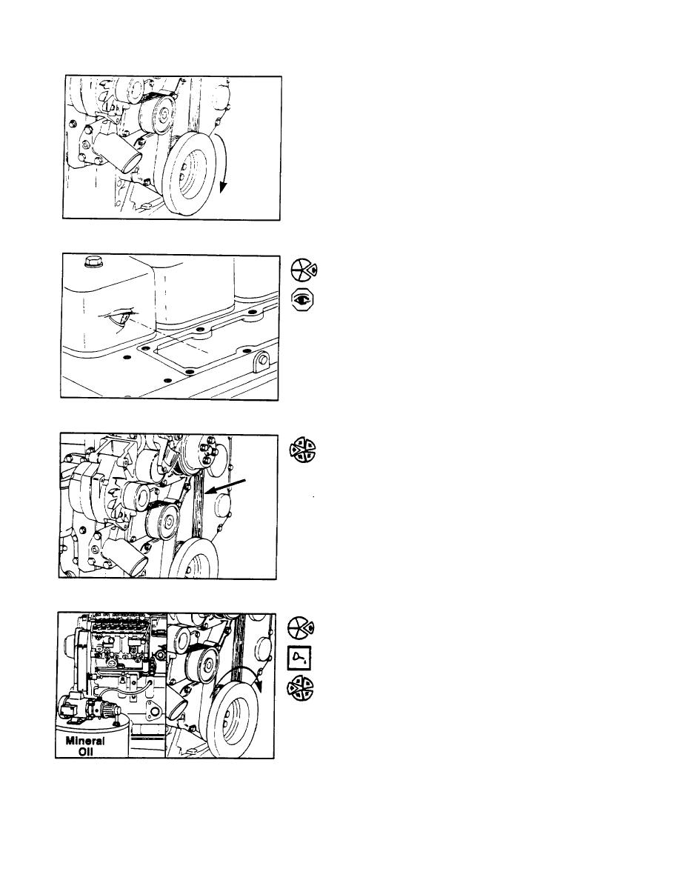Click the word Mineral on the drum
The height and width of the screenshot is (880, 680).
pos(85,740)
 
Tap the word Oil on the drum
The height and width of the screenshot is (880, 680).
pos(86,751)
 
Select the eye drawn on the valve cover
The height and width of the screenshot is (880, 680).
pos(124,319)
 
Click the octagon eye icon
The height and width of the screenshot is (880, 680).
pos(302,300)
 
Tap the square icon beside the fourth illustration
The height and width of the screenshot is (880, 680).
pos(299,658)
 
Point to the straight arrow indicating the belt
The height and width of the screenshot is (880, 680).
pos(225,486)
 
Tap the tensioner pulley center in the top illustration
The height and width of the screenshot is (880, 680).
pos(164,119)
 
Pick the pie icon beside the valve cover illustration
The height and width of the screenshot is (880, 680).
pos(303,270)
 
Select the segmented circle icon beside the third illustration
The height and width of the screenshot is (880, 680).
pos(302,450)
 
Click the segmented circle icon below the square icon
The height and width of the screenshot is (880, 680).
pos(301,688)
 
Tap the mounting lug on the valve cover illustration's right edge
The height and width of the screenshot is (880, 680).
pos(263,361)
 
